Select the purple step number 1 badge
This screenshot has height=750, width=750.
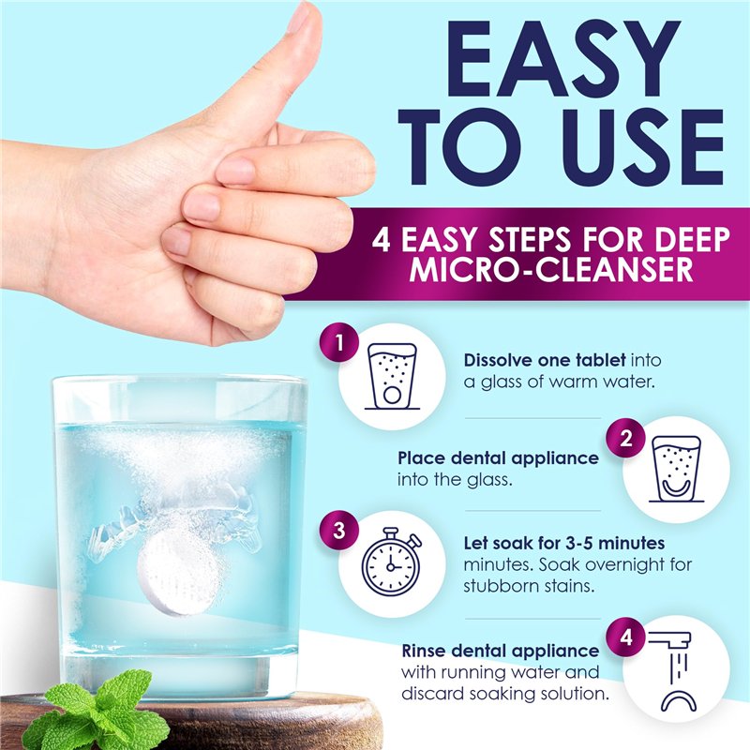(x=339, y=342)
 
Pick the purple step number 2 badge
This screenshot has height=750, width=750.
(x=625, y=438)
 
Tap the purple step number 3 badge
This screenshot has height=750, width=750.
(x=339, y=530)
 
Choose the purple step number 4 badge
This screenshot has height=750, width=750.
(x=625, y=637)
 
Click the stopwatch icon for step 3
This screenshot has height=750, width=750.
(x=391, y=562)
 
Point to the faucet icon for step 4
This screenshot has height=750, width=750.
(x=674, y=670)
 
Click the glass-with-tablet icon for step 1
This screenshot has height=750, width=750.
(x=392, y=376)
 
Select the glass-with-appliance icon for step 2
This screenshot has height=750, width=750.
(x=676, y=469)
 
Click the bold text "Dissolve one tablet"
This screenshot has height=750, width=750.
(x=545, y=360)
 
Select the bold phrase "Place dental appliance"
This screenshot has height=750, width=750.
(x=498, y=458)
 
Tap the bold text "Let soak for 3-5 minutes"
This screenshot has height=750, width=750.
(x=564, y=543)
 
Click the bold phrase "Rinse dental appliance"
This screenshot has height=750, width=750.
(x=501, y=651)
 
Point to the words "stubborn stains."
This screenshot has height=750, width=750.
(x=529, y=586)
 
